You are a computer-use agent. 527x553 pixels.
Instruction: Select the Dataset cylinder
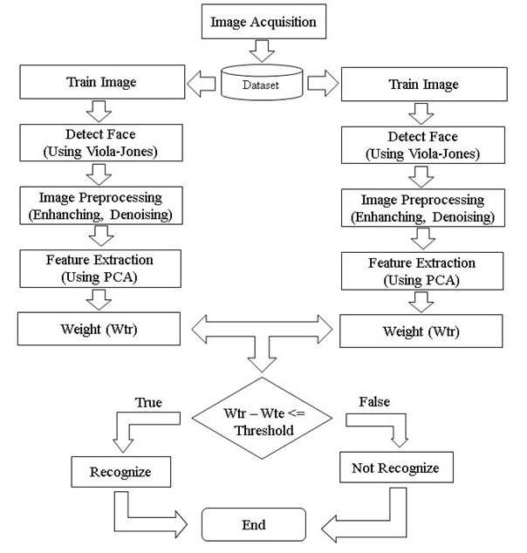click(264, 85)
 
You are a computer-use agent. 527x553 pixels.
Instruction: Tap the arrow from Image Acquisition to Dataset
click(264, 52)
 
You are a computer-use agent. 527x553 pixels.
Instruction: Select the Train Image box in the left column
click(99, 84)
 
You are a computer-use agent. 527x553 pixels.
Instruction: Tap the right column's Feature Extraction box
click(421, 270)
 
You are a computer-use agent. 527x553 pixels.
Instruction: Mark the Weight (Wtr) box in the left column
click(99, 329)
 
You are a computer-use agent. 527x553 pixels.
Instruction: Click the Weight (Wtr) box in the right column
click(421, 331)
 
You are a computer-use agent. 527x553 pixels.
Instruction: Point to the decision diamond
click(264, 420)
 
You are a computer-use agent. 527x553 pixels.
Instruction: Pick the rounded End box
click(254, 525)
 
